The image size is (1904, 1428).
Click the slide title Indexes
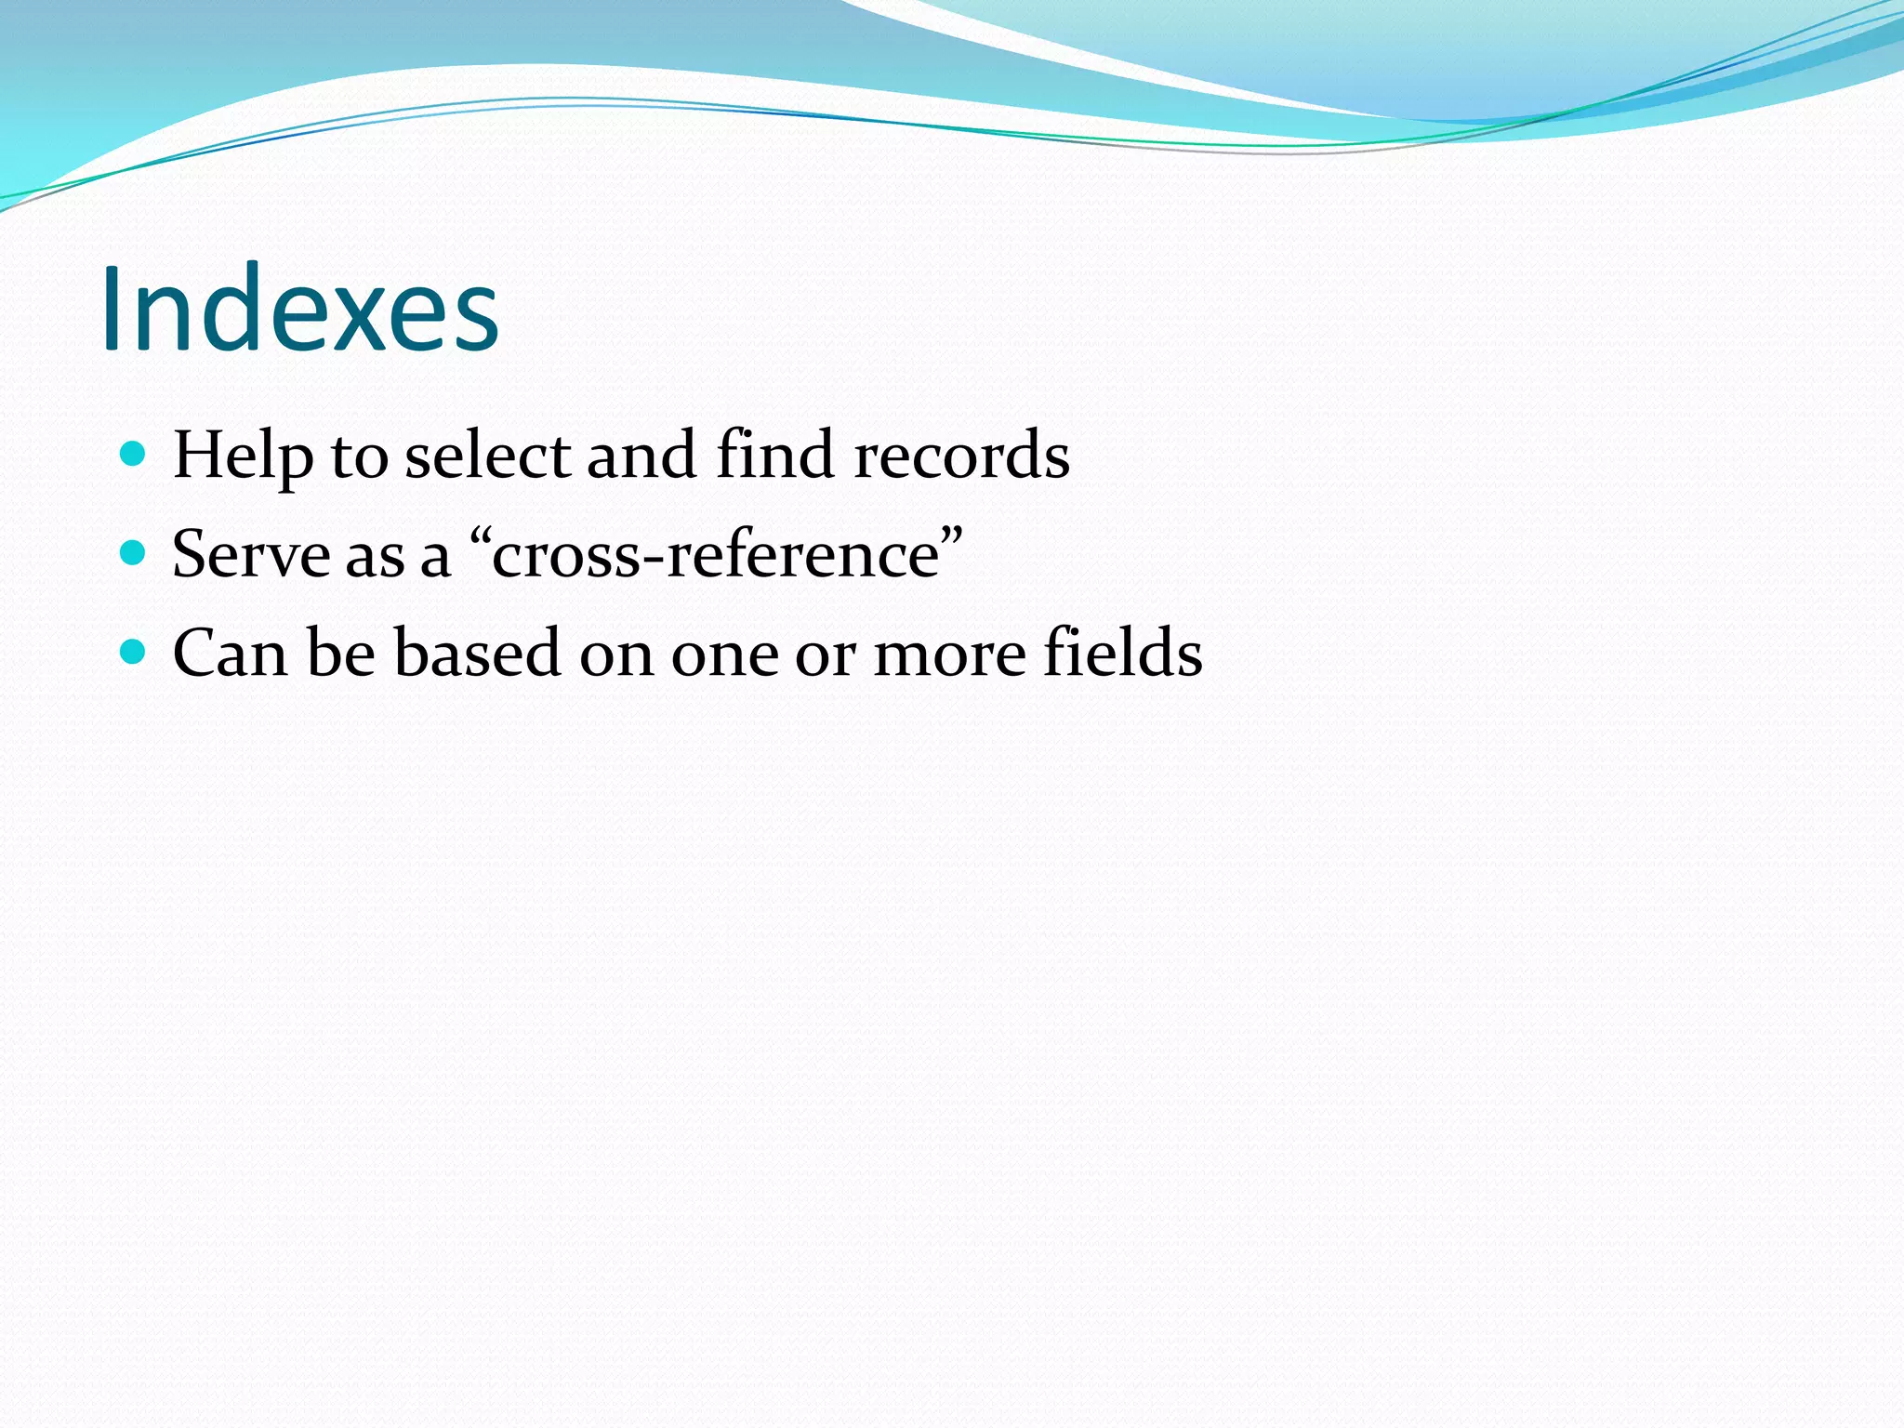tap(299, 309)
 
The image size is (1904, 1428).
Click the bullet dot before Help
tap(134, 454)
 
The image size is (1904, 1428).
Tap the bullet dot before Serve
tap(134, 553)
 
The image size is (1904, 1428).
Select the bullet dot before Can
tap(134, 652)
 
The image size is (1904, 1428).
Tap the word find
tap(775, 456)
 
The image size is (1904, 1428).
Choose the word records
tap(961, 456)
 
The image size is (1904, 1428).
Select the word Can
tap(230, 654)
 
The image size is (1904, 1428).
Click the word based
tap(477, 654)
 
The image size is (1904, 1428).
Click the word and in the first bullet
tap(641, 456)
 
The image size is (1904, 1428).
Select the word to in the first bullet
tap(359, 457)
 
